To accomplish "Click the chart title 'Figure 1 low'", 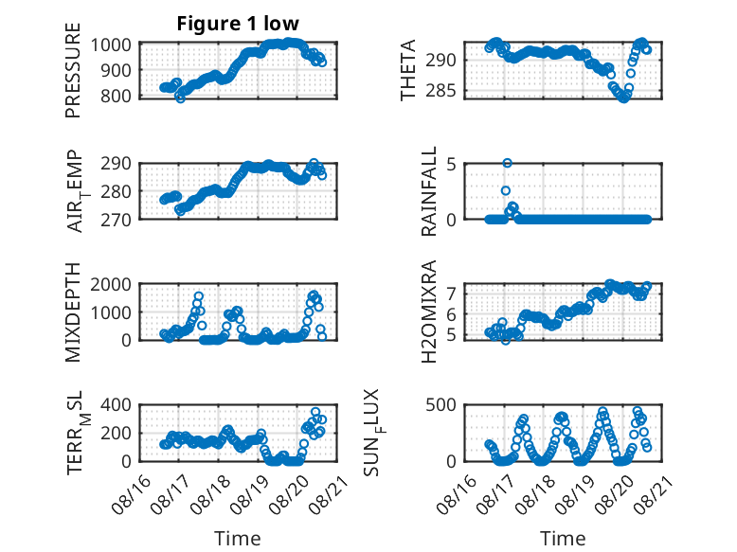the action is point(238,24).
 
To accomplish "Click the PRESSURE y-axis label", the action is point(73,70).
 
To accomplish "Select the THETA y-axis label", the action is point(408,70).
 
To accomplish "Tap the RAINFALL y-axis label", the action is point(429,191).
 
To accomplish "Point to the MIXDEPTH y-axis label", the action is point(73,312).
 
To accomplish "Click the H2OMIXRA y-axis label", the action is point(429,312).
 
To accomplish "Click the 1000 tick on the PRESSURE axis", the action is point(111,45).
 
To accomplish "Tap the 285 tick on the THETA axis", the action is point(440,91).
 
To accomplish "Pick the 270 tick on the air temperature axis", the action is point(116,220).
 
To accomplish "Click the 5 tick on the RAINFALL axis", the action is point(452,165).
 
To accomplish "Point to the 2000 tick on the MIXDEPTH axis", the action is point(111,285).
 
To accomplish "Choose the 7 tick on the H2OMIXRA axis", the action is point(452,294).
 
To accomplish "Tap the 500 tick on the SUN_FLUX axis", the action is point(440,405).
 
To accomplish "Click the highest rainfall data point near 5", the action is point(507,163).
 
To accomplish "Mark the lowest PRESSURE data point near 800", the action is point(180,98).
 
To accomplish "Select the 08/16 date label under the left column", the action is point(131,494).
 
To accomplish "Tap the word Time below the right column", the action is point(563,539).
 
